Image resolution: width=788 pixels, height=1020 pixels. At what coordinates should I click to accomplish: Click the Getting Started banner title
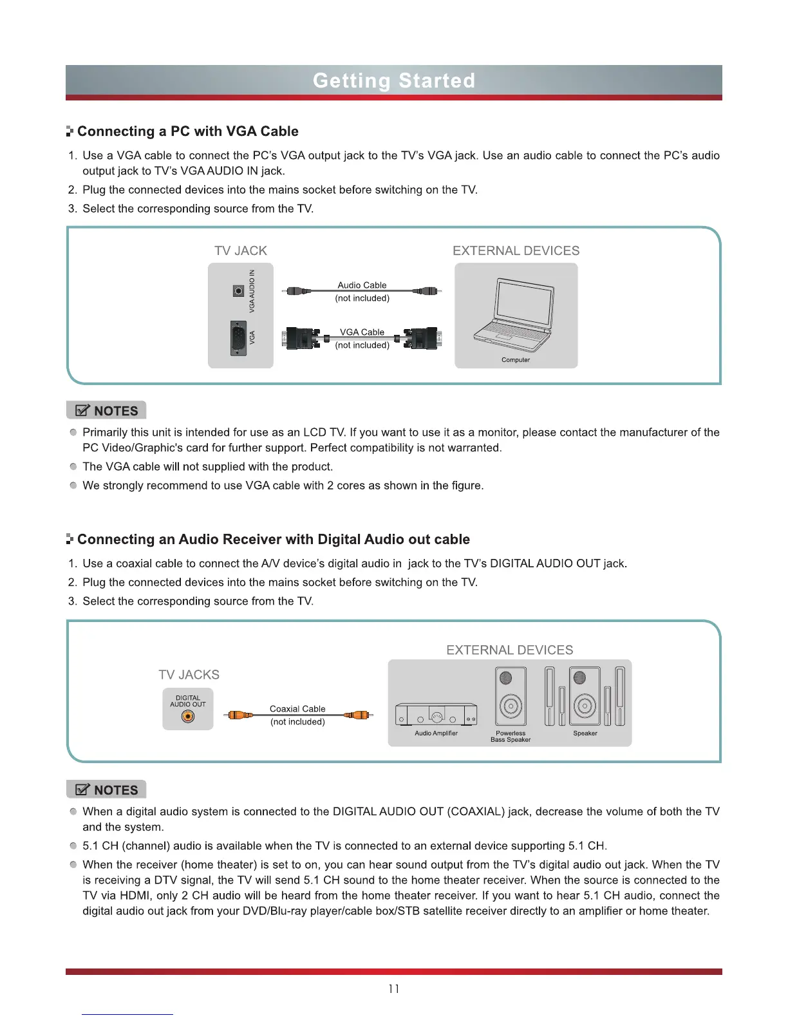[x=393, y=80]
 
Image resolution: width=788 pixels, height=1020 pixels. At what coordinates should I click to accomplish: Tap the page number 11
[x=393, y=988]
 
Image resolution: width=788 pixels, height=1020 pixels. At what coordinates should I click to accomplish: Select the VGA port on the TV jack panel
[x=238, y=338]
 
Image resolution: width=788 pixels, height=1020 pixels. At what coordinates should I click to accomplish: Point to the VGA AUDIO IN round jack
[x=238, y=291]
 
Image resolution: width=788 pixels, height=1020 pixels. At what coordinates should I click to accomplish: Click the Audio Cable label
[x=362, y=285]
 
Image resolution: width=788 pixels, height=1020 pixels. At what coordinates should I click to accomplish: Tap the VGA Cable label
[x=362, y=332]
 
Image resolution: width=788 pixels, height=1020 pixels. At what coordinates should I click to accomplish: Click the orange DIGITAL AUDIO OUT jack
[x=187, y=716]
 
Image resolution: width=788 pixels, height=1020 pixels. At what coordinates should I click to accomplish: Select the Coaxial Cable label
[x=297, y=709]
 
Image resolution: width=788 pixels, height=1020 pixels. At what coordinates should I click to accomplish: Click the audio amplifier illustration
[x=436, y=715]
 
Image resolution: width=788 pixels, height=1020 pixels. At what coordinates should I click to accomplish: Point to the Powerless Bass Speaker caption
[x=511, y=737]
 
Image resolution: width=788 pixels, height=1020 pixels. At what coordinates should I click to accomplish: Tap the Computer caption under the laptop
[x=516, y=360]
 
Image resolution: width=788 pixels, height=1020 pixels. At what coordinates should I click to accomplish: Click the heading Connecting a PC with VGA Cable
[x=187, y=131]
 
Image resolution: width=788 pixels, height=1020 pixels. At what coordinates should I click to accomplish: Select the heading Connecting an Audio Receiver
[x=274, y=540]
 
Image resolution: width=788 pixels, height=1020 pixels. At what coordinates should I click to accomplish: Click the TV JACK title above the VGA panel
[x=240, y=251]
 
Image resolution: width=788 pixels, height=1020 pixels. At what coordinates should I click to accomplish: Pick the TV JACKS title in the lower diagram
[x=189, y=675]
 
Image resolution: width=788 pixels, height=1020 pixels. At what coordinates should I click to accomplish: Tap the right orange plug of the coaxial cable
[x=359, y=715]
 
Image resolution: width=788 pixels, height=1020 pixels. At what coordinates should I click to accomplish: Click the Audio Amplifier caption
[x=436, y=733]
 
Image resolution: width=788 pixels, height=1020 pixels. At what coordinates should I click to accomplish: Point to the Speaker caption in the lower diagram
[x=585, y=733]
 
